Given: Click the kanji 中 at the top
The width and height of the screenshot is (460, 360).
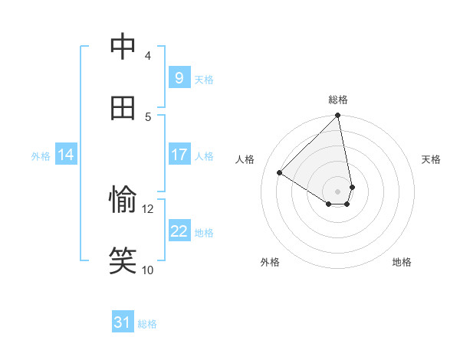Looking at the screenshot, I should click(123, 47).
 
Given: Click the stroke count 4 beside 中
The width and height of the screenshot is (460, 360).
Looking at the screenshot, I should click(147, 56).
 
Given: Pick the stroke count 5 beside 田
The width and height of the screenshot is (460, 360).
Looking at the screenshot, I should click(147, 116).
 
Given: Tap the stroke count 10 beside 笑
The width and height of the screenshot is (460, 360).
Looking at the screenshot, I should click(147, 270).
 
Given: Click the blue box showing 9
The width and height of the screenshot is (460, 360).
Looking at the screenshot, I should click(179, 78).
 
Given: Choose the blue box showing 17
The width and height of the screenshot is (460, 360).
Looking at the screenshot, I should click(179, 155).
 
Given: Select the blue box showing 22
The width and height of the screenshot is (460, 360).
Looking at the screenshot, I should click(179, 231).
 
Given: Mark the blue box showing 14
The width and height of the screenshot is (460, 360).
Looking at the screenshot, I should click(66, 155).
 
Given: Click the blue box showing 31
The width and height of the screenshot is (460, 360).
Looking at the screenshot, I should click(123, 323).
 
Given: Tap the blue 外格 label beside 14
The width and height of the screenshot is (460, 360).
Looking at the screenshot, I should click(41, 156).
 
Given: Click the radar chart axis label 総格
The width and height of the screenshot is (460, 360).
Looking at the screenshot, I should click(338, 100).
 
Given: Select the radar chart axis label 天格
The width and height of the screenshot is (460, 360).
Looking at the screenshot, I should click(431, 159).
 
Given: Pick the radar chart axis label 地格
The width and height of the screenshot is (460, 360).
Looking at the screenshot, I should click(402, 262).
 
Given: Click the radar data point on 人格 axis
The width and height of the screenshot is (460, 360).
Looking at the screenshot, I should click(280, 172).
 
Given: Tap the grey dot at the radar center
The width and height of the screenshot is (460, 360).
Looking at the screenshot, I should click(338, 191).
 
